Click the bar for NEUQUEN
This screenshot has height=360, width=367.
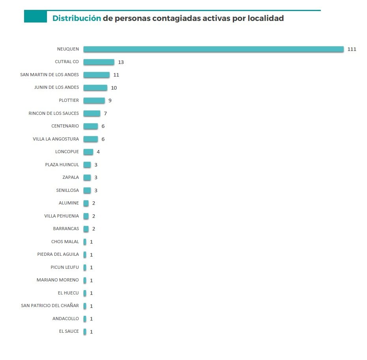[213, 49]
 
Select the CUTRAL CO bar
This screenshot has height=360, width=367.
[99, 62]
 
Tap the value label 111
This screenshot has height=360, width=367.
[352, 49]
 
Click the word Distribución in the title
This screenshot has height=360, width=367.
[77, 18]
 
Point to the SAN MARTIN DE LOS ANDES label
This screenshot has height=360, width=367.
[49, 75]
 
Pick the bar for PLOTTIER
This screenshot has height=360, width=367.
[94, 100]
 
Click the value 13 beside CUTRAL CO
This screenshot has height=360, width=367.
[121, 62]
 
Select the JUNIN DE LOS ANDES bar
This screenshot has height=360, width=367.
[95, 88]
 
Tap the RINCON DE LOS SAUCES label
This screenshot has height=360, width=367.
[54, 113]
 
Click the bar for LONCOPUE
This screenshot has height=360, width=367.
[88, 152]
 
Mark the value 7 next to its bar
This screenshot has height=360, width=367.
[105, 113]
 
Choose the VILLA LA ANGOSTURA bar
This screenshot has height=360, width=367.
[90, 139]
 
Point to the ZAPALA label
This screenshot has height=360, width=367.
[71, 177]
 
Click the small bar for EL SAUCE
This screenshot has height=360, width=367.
[84, 332]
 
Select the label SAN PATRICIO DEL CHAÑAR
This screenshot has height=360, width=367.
[50, 306]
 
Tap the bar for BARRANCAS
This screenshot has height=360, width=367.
[86, 229]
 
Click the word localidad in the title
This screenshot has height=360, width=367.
[266, 18]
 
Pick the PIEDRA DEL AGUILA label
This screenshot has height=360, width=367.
[58, 254]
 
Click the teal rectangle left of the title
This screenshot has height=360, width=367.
[36, 17]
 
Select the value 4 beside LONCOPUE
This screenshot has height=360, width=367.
[98, 152]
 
